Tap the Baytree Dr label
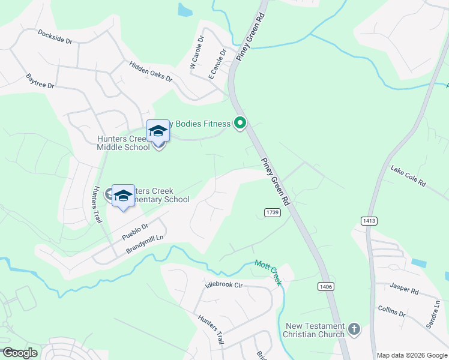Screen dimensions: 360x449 click(x=40, y=82)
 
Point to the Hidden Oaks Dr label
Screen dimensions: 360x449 click(x=150, y=71)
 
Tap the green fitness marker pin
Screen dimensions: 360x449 click(x=240, y=124)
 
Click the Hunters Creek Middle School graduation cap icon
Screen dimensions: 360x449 click(x=157, y=130)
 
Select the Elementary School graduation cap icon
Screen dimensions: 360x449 click(x=123, y=195)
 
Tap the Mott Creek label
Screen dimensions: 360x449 click(x=268, y=272)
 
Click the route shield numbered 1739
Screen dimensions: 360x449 click(x=272, y=213)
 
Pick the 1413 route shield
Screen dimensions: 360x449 click(x=369, y=221)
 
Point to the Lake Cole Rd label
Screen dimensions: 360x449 click(x=408, y=176)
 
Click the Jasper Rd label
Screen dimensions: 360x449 click(x=403, y=290)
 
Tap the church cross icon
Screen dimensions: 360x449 click(x=354, y=329)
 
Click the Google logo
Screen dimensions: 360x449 click(x=20, y=353)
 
